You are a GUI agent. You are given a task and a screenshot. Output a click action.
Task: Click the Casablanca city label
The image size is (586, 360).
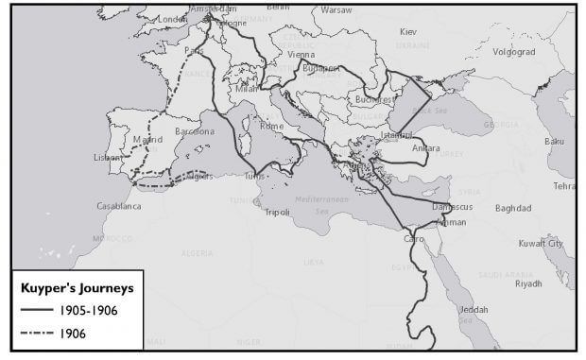pos(119,205)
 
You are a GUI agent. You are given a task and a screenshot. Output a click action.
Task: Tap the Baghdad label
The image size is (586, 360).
pos(512,208)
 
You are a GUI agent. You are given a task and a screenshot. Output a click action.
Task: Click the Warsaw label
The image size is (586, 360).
pos(336,9)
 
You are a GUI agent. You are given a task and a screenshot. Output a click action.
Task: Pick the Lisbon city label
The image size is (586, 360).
pos(109,158)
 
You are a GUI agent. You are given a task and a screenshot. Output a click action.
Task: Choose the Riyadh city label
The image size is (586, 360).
pos(528,283)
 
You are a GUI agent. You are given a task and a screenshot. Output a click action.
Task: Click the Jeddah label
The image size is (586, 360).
pos(475,310)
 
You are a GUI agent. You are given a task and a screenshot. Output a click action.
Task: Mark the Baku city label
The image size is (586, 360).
pos(554,142)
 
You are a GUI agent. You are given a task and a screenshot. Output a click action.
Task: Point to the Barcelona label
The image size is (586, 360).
pos(195,132)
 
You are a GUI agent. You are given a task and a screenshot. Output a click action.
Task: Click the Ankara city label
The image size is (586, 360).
pos(426,147)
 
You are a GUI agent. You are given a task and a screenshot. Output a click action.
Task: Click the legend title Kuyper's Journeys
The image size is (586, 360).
pos(70,285)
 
